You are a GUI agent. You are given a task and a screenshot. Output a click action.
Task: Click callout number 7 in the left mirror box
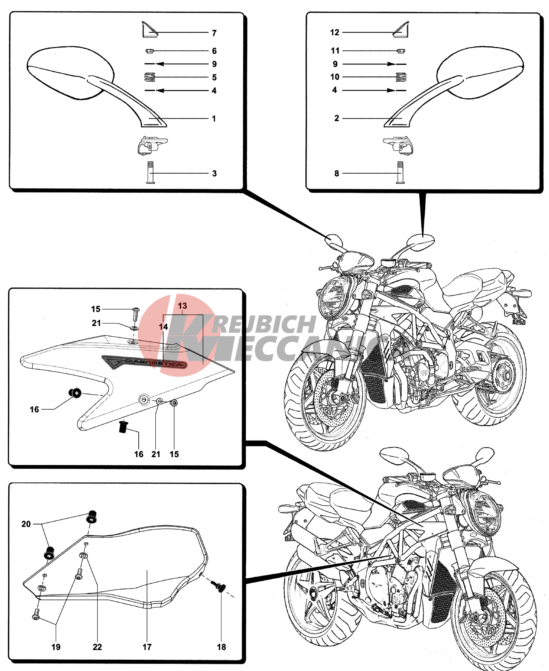coord(214,33)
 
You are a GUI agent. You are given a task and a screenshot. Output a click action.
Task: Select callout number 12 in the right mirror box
coord(335,32)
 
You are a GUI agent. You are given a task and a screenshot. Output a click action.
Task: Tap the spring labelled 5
coord(150,77)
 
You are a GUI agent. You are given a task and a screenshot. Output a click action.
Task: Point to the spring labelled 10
coord(401,77)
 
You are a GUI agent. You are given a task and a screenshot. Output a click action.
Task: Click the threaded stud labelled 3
coord(150,172)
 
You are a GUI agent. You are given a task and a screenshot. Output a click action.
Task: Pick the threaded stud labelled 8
coord(400,172)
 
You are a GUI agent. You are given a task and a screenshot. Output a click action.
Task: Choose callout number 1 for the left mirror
coord(214,119)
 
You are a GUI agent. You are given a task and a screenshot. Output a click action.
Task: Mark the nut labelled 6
coord(149,51)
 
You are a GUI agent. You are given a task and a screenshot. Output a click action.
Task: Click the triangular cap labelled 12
coord(401,30)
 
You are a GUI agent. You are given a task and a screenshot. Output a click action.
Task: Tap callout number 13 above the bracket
coord(182,306)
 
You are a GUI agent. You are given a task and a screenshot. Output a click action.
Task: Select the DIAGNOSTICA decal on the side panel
coord(145,362)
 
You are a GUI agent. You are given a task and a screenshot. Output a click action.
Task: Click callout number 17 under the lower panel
coord(147,647)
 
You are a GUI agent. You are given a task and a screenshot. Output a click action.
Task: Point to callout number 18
coord(221,647)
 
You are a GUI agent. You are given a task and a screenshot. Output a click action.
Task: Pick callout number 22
coord(97,647)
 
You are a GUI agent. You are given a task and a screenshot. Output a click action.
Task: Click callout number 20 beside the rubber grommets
coord(26,524)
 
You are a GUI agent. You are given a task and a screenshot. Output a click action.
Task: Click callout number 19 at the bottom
coord(56,647)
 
